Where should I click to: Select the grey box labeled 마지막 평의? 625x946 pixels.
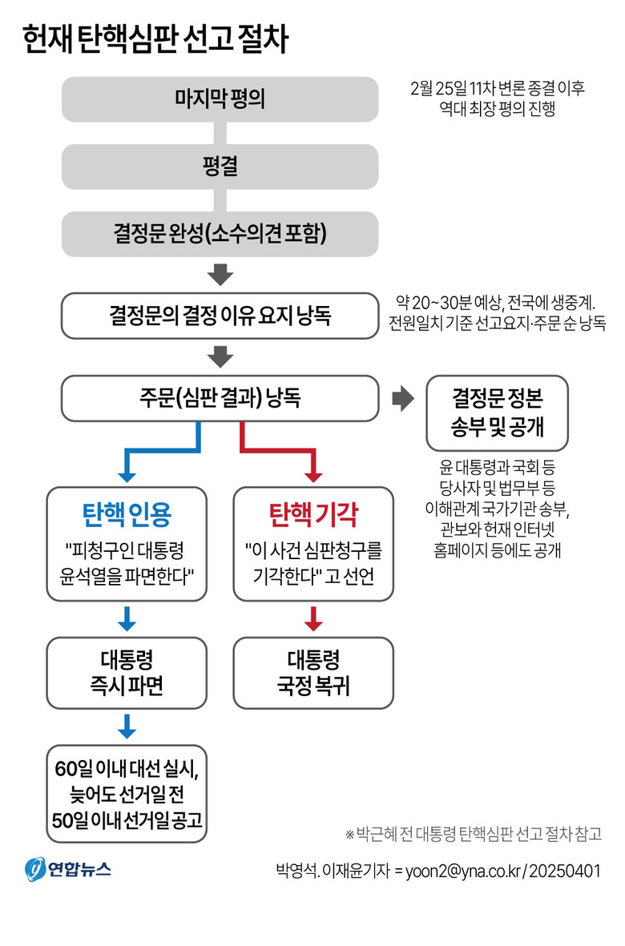[220, 99]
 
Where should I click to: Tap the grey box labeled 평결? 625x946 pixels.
[220, 167]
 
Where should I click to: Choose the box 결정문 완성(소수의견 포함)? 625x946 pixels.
[220, 234]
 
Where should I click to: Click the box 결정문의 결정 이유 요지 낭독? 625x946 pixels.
[220, 316]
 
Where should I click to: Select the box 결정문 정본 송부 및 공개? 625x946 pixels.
[498, 413]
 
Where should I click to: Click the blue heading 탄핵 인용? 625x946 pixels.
[127, 514]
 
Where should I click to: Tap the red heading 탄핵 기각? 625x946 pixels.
[313, 514]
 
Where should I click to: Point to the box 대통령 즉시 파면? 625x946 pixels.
[127, 673]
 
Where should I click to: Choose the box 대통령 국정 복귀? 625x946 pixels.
[313, 673]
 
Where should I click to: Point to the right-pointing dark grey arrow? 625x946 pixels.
[401, 399]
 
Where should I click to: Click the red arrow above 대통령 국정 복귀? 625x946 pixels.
[313, 618]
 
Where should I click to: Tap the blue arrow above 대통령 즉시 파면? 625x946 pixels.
[127, 618]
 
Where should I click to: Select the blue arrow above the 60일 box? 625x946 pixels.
[127, 727]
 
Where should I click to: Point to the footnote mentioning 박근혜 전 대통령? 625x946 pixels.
[473, 834]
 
